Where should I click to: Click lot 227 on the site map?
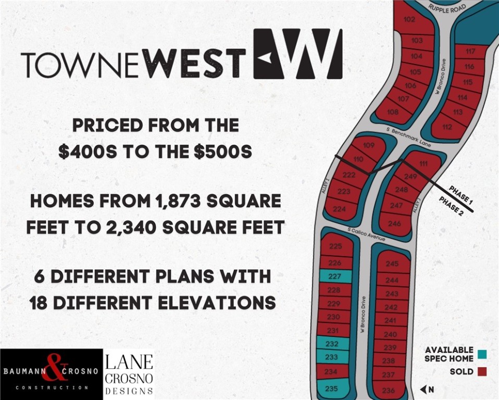tap(335, 277)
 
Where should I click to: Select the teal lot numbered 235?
tap(331, 388)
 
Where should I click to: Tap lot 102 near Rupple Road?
tap(409, 20)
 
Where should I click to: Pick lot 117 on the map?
tap(470, 51)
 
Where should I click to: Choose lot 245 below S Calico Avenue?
tap(392, 264)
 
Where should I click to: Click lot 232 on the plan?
tap(332, 344)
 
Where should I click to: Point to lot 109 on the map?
tap(368, 145)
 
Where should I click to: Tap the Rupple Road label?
tap(446, 8)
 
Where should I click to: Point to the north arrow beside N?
tap(423, 389)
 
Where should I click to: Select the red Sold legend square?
tap(482, 371)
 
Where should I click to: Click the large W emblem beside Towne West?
tap(298, 54)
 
